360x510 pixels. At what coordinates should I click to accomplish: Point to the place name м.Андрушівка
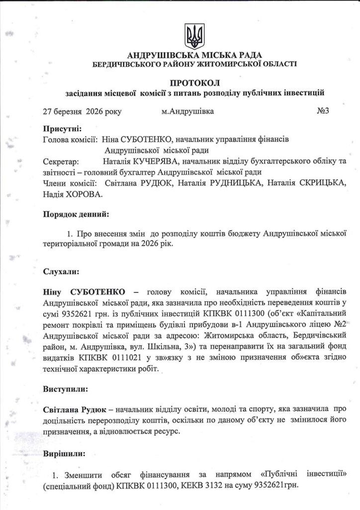(187, 111)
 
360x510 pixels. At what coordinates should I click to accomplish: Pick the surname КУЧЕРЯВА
(152, 161)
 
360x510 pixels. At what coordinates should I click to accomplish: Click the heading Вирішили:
(64, 454)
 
